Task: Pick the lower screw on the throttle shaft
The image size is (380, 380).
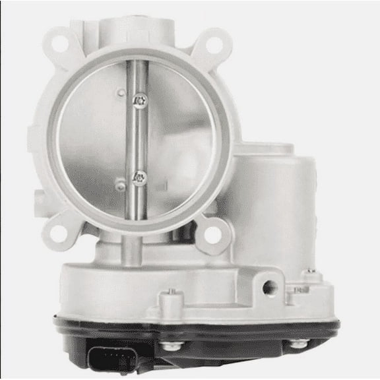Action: (x=141, y=176)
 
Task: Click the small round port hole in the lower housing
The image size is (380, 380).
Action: (x=269, y=288)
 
